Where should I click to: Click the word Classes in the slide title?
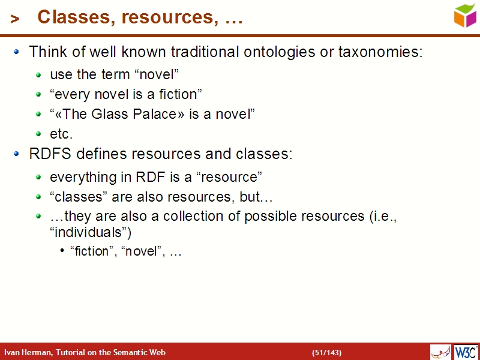[74, 17]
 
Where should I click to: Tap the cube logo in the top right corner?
[465, 15]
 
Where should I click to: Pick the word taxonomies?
[380, 52]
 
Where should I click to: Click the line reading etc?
[61, 134]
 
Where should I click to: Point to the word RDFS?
[49, 154]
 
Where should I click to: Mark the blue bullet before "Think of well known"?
[17, 52]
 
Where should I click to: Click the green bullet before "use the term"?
[39, 75]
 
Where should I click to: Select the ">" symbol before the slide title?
[15, 19]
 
